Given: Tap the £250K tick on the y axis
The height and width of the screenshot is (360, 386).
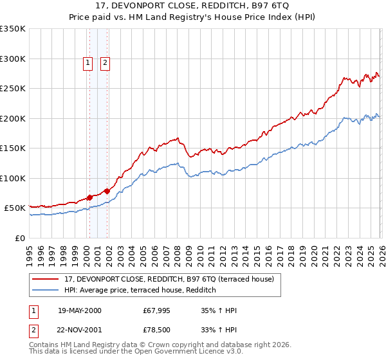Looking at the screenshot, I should click(13, 89).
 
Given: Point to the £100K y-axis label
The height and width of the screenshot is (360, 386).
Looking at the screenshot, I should click(13, 178).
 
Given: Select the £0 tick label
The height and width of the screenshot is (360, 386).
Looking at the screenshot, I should click(19, 238).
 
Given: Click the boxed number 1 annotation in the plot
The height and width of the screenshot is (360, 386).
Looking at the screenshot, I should click(87, 63).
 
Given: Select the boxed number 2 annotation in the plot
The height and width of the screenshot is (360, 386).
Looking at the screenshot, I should click(105, 63).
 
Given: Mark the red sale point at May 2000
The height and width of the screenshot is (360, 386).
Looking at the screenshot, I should click(89, 197).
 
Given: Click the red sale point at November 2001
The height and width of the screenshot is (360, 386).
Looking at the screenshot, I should click(107, 190).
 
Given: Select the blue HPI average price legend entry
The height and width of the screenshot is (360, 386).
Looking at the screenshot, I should click(140, 291).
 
